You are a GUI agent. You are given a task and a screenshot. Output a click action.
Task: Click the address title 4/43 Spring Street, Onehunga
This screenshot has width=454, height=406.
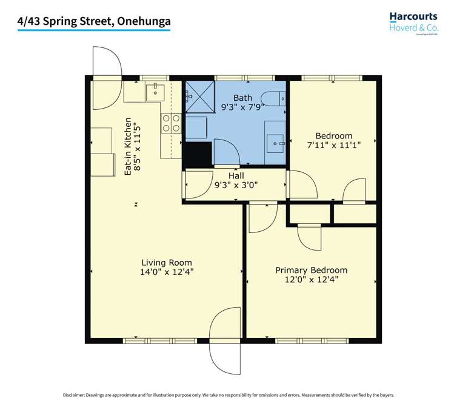(x=94, y=21)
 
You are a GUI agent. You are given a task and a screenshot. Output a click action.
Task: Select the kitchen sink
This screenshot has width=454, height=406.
(x=155, y=92)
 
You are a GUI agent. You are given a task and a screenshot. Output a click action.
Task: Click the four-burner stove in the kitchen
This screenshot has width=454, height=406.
(x=171, y=123)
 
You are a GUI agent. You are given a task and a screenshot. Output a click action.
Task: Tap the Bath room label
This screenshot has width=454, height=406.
(x=242, y=98)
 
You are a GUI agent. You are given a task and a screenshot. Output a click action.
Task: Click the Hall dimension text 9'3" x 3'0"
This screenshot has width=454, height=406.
(x=236, y=186)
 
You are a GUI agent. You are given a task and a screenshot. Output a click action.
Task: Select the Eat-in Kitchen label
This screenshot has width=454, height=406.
(x=128, y=146)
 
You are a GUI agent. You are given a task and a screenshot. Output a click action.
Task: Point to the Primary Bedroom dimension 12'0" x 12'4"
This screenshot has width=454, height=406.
(x=311, y=280)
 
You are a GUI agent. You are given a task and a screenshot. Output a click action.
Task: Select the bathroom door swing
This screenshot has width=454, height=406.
(x=227, y=152)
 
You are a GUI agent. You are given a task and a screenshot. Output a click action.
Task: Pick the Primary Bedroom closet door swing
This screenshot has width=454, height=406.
(x=310, y=237)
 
